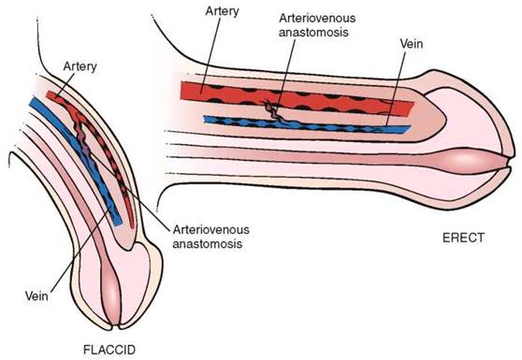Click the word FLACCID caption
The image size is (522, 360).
point(109,350)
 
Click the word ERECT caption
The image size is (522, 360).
point(463,238)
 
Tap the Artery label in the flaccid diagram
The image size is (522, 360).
point(80,66)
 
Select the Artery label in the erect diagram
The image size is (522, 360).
point(222,11)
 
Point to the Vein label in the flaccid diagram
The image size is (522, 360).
point(36,295)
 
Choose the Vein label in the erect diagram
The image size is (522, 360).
point(412,44)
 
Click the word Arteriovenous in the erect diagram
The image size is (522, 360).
point(317,18)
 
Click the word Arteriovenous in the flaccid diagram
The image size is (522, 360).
point(210,230)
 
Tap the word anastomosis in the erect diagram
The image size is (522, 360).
point(313,33)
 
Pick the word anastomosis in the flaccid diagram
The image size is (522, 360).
point(207,243)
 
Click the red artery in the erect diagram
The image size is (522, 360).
point(297,99)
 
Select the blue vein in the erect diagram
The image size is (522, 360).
point(306,124)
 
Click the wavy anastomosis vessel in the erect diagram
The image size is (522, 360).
point(274,111)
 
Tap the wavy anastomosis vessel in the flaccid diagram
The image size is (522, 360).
point(82,137)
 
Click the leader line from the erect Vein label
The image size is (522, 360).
point(396,89)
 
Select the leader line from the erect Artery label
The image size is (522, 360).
point(211,55)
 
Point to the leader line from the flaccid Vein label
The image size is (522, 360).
point(80,250)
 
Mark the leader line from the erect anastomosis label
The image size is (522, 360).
point(285,76)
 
